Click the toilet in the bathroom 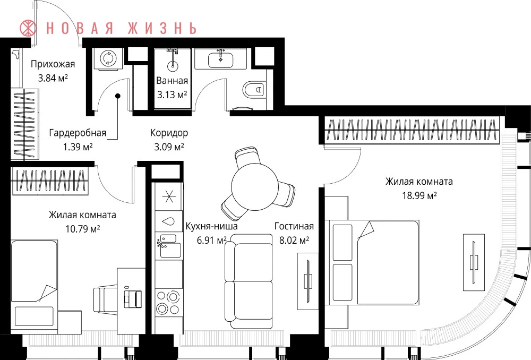pos(253,90)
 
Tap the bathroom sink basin pos(220,59)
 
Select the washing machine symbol pos(108,58)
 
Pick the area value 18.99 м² pos(419,196)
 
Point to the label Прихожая pos(53,64)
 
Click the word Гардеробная pos(78,133)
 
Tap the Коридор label pos(169,133)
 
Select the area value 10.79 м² pos(83,229)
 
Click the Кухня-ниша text pos(212,226)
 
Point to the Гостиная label pos(294,226)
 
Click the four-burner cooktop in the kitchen pos(168,303)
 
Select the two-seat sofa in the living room pos(249,281)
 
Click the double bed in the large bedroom pos(372,262)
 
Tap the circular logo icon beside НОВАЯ pos(28,28)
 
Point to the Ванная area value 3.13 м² pos(172,95)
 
